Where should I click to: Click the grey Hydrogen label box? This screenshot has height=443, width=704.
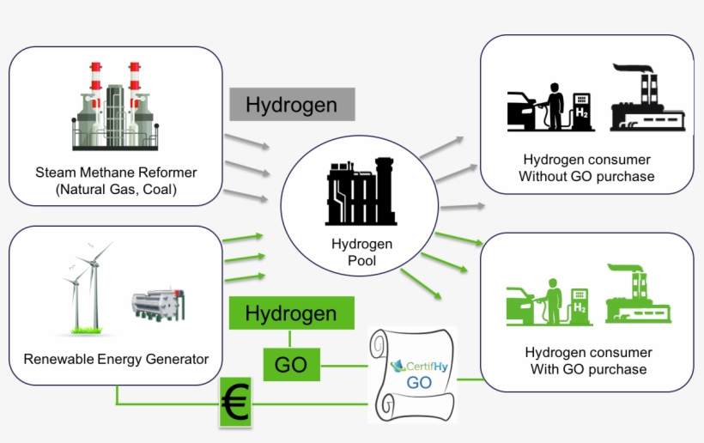[x=291, y=104]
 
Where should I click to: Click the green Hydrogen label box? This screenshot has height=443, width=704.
[x=291, y=313]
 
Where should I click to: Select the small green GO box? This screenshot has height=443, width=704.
[x=291, y=365]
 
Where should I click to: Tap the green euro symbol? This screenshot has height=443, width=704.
[x=235, y=403]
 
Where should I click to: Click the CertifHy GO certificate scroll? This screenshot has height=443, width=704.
[x=412, y=374]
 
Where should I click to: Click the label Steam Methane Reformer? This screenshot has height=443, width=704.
[x=116, y=173]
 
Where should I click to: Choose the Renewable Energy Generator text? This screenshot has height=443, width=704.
[x=116, y=359]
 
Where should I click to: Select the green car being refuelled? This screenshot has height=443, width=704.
[x=523, y=306]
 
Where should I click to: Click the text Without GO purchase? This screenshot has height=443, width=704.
[x=586, y=177]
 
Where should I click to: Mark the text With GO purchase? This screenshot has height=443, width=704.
[x=588, y=369]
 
